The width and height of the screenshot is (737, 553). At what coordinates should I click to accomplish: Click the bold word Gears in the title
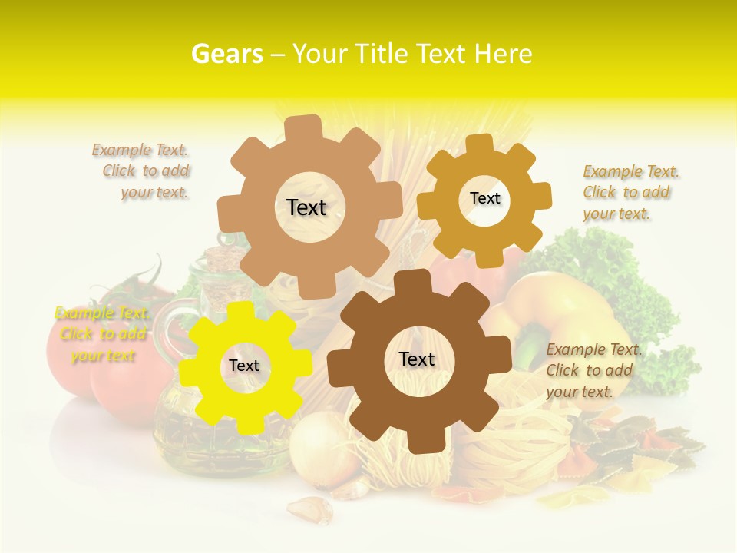226,54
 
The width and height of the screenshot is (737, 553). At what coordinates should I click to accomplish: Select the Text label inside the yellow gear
244,366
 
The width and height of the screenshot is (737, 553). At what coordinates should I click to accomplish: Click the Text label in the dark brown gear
417,359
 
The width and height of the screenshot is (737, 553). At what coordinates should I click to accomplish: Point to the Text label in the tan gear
306,207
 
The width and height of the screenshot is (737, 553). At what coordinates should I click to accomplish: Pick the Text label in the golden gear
484,198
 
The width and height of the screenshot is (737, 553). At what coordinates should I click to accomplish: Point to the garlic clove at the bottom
310,508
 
